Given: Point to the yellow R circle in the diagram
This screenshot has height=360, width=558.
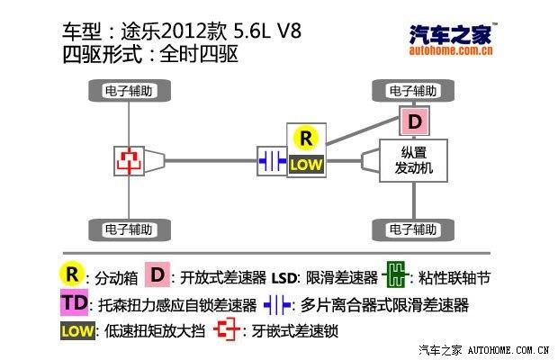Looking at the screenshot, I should click(x=307, y=139).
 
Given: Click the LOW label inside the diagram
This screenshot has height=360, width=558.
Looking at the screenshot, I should click(x=306, y=166).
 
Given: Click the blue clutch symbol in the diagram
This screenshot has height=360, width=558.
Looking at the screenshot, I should click(x=272, y=160).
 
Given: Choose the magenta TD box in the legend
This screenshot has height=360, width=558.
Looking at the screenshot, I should click(x=75, y=303).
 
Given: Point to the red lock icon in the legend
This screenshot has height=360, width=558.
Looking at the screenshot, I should click(x=227, y=330).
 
